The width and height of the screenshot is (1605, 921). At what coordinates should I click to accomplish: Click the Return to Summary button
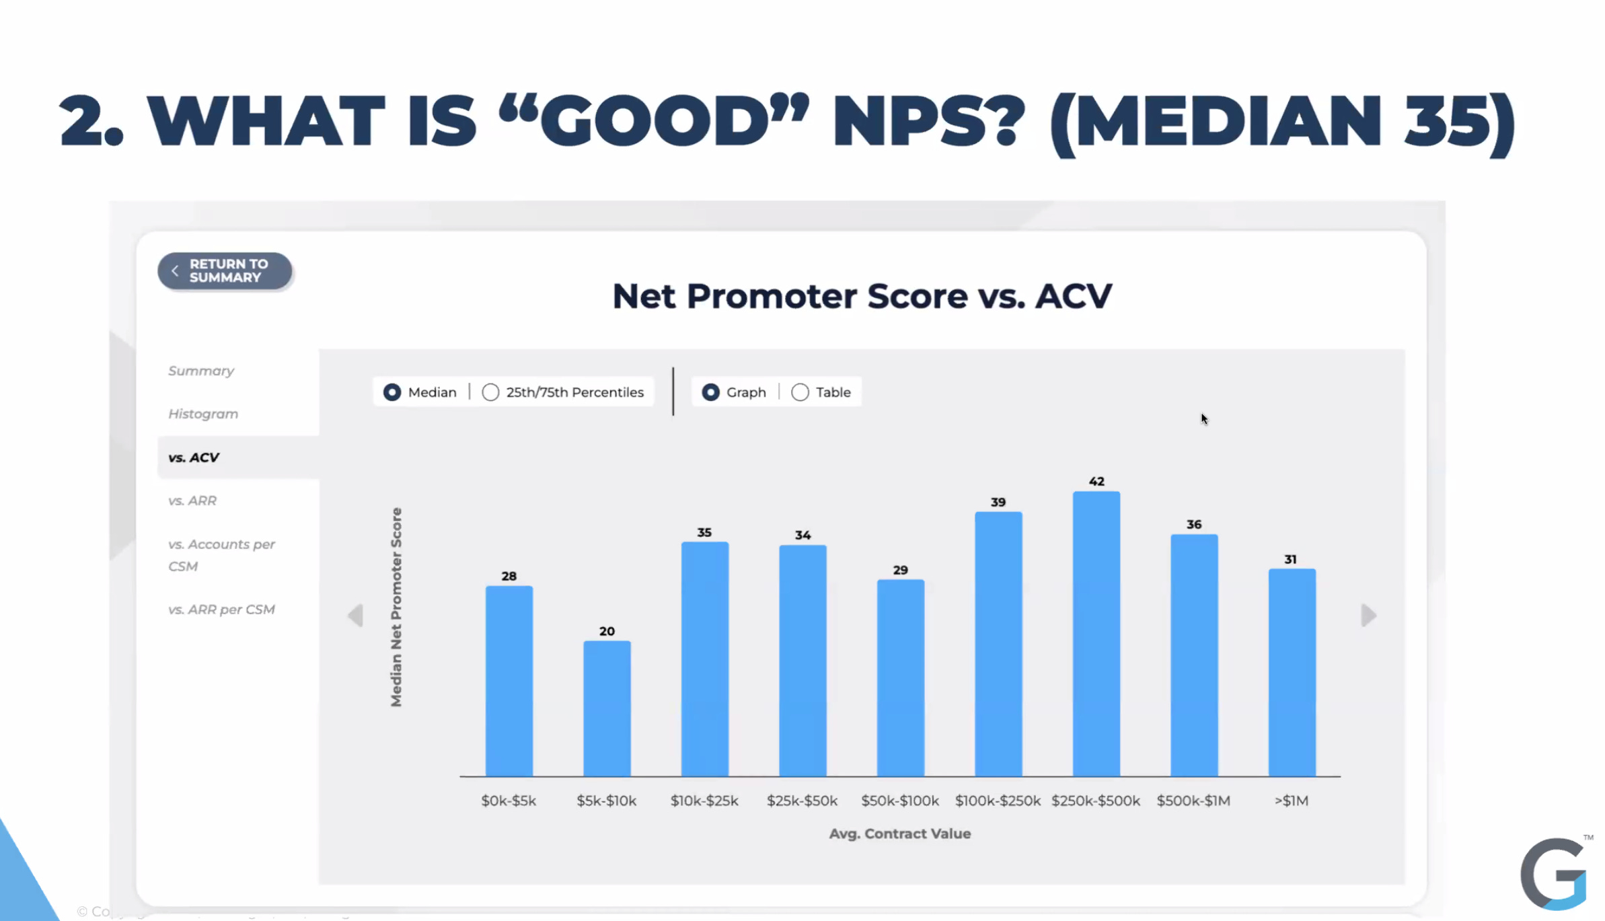tap(225, 271)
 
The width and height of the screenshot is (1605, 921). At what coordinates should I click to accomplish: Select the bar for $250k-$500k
tap(1096, 633)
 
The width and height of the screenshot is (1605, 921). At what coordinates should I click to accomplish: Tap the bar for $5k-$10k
tap(607, 708)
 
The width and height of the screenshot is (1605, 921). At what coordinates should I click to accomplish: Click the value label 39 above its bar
tap(998, 503)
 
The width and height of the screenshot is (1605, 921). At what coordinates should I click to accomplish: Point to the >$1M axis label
tap(1291, 801)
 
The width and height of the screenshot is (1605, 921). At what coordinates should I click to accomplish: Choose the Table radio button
tap(800, 392)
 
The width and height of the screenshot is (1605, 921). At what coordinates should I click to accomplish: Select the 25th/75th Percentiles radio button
tap(490, 392)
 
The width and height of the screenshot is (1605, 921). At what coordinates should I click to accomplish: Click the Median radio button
tap(392, 392)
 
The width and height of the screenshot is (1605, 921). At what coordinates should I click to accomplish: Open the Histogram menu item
tap(203, 414)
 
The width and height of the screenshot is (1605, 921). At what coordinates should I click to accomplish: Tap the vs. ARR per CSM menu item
tap(221, 610)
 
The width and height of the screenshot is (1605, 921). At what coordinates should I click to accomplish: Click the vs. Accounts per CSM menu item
tap(221, 555)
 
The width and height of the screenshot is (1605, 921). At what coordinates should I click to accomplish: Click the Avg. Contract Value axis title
tap(899, 834)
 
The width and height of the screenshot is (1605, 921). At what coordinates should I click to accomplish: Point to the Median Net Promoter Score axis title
tap(396, 607)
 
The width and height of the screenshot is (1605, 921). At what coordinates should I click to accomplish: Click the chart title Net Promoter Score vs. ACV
tap(862, 296)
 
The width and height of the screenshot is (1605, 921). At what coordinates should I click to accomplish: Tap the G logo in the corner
tap(1554, 875)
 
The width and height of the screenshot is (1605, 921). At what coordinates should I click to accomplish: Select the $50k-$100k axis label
tap(899, 801)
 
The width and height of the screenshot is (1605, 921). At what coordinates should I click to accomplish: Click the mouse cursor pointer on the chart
tap(1204, 419)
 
